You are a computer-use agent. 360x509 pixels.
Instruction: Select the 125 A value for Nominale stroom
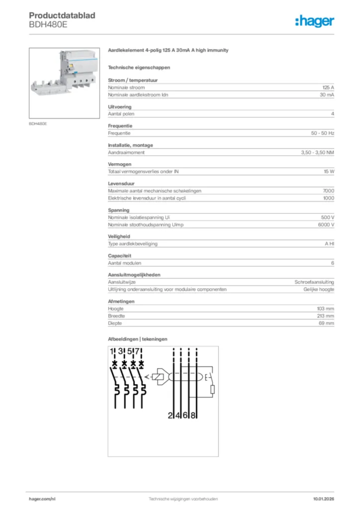328,87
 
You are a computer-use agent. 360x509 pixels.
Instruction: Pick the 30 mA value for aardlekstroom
327,94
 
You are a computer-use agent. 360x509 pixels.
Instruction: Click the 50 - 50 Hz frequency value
322,133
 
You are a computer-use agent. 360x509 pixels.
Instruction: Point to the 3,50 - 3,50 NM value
317,153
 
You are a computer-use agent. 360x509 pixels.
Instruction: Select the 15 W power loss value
329,171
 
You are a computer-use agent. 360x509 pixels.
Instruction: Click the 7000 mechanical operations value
328,191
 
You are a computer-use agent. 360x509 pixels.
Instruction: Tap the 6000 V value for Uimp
326,225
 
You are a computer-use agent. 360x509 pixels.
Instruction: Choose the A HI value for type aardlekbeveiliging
329,244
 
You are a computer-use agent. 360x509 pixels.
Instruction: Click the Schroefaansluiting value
314,282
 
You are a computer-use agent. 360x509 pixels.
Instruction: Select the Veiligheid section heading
120,237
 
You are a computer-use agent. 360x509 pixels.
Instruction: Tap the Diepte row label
116,323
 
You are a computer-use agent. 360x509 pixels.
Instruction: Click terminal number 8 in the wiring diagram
193,416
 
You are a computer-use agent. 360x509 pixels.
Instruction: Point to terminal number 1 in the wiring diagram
112,352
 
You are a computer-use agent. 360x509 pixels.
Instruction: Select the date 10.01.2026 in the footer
324,499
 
